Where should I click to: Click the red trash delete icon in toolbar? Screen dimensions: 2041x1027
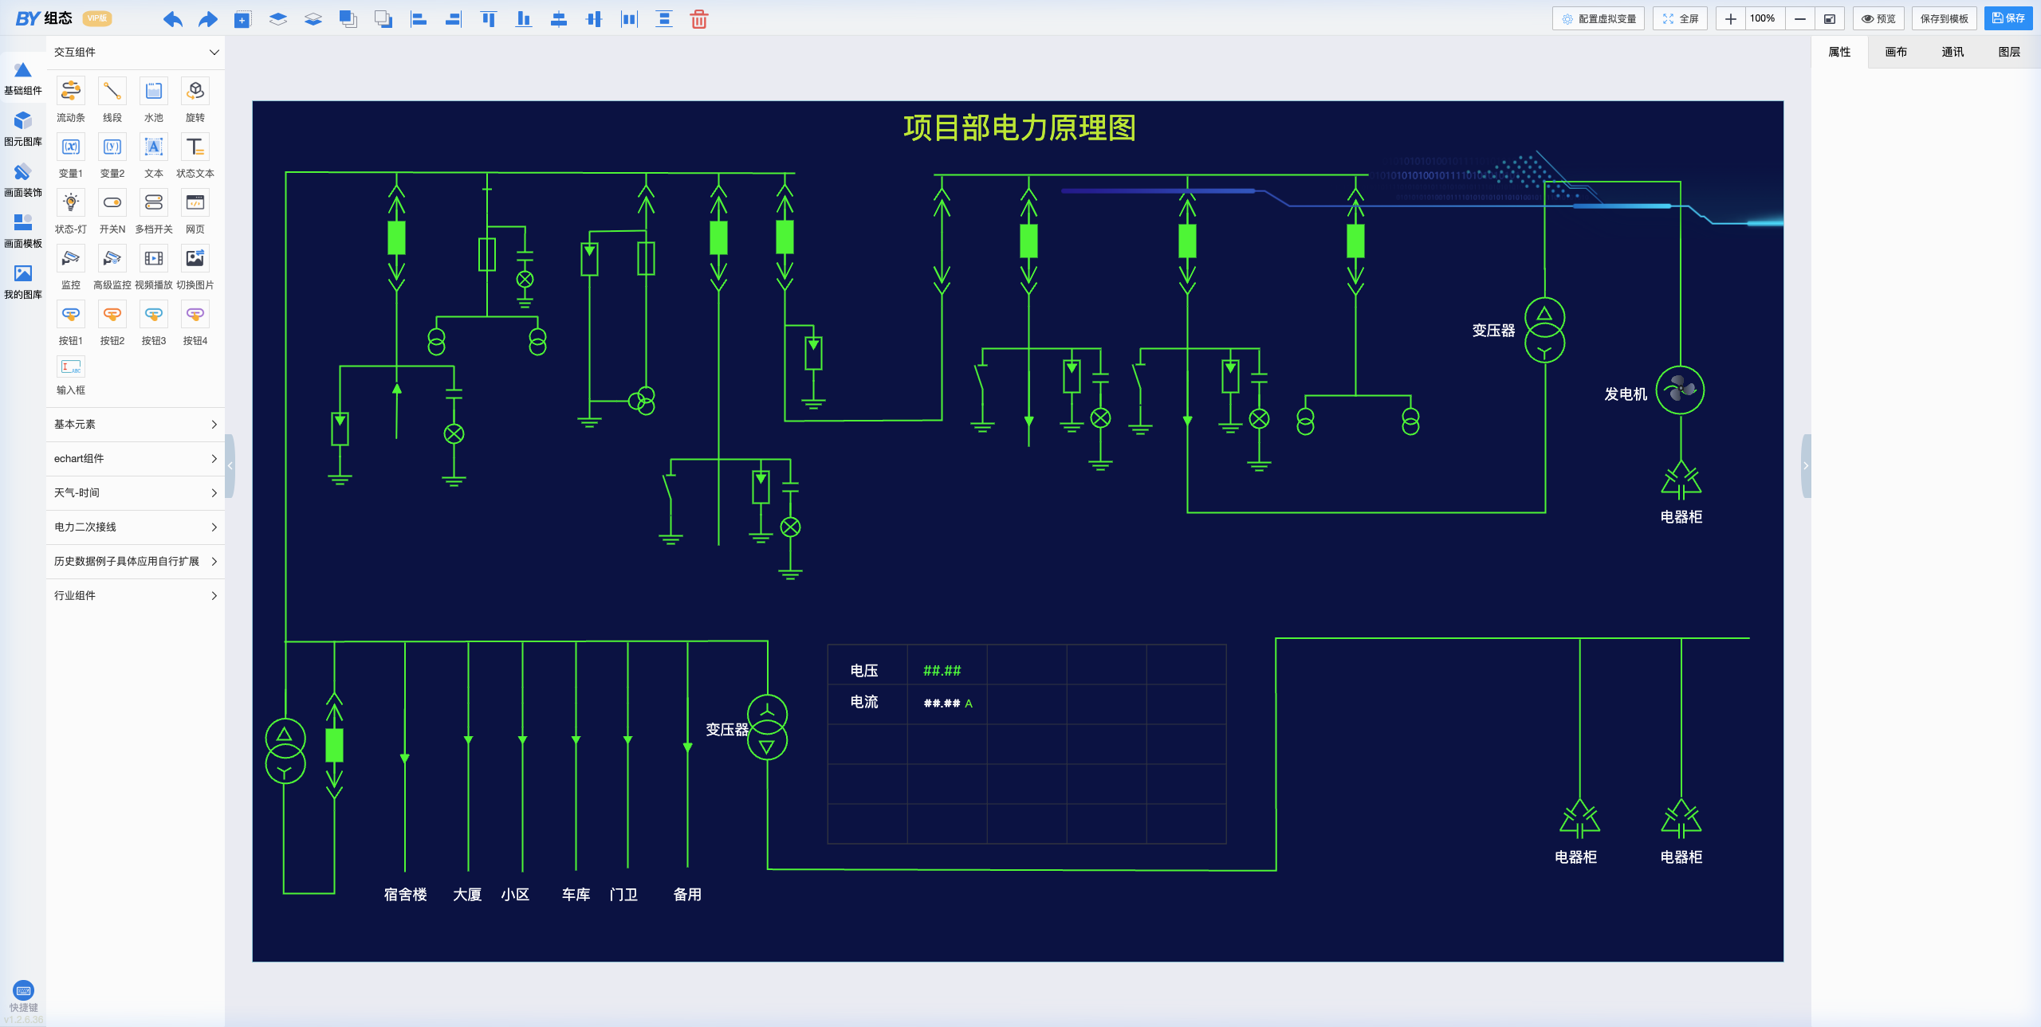click(x=698, y=19)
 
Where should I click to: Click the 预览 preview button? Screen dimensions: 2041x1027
click(x=1878, y=18)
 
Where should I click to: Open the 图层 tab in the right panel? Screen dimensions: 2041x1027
click(x=2008, y=52)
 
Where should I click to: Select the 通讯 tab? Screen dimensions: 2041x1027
click(x=1952, y=52)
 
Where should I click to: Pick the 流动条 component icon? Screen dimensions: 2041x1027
click(x=71, y=91)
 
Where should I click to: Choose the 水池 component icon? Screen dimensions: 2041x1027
click(x=154, y=91)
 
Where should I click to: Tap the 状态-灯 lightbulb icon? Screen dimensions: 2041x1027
click(x=71, y=202)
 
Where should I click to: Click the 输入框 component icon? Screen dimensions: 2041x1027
click(x=71, y=367)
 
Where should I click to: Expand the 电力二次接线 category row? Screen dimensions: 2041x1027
click(x=136, y=527)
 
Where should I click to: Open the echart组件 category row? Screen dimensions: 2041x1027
click(x=136, y=458)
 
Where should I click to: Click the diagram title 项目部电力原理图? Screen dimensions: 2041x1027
click(x=1019, y=127)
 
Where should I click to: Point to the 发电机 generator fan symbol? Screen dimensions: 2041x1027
click(x=1680, y=390)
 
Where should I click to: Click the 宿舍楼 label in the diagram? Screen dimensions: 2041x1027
click(x=405, y=894)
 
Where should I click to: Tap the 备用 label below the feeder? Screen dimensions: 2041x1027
click(x=687, y=894)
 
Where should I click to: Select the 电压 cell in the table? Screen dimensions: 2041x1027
click(x=864, y=670)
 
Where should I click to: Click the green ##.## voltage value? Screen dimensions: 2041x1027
click(x=942, y=671)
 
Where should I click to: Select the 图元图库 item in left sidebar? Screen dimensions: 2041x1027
click(x=23, y=128)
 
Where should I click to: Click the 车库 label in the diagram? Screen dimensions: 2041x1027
click(x=576, y=894)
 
